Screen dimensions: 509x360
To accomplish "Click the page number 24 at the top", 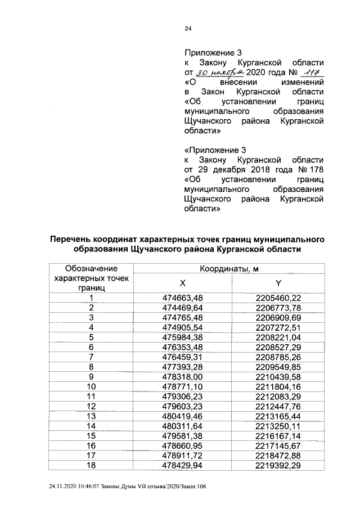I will [x=188, y=30].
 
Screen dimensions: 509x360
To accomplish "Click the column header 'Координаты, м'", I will [x=229, y=269].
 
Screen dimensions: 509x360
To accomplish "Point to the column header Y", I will [x=278, y=283].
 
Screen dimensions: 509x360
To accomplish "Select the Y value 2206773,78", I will [x=278, y=308].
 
